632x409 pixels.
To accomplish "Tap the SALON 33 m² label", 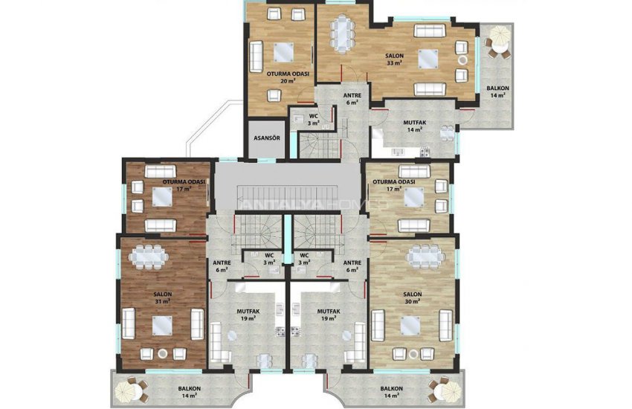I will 394,59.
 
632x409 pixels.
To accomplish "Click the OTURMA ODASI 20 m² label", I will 282,77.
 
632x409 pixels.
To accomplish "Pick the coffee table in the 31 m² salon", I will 163,325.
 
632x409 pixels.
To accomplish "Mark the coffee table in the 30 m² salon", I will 411,325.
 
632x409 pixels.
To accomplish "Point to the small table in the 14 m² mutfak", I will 447,134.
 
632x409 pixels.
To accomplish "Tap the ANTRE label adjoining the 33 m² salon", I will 352,99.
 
